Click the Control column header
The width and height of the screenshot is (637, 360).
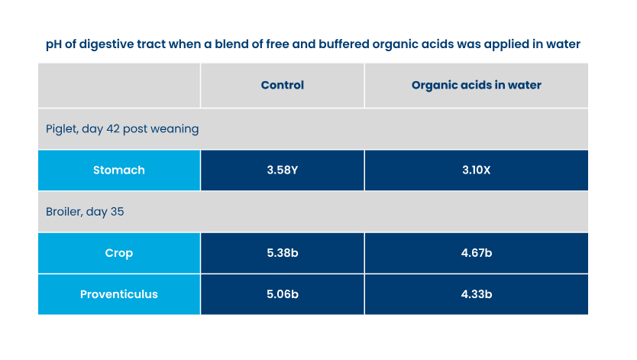point(282,86)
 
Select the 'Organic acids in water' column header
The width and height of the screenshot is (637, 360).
point(476,86)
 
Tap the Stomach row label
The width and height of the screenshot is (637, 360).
point(118,170)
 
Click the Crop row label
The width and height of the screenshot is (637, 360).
point(118,253)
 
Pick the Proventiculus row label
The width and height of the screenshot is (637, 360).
point(118,294)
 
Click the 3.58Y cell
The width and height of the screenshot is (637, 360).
point(282,170)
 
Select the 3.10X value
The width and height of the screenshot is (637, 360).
point(476,170)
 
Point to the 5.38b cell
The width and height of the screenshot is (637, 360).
point(282,253)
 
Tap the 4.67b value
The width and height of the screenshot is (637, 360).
point(476,253)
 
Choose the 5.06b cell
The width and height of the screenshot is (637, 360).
point(282,294)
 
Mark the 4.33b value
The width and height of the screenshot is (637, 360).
point(476,294)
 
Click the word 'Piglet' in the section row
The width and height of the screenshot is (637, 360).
point(62,129)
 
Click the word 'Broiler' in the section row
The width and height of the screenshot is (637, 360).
point(65,212)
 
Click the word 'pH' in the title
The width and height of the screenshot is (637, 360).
point(54,44)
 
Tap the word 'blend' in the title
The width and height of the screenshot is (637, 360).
point(219,44)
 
